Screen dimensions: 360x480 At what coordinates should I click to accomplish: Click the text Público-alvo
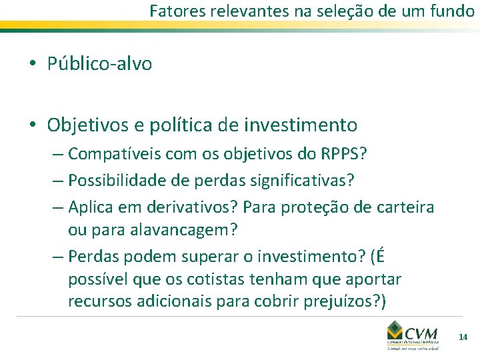click(99, 64)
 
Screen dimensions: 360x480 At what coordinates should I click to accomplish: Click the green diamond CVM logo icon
click(396, 331)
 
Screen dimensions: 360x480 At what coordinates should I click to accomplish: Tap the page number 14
click(463, 338)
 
